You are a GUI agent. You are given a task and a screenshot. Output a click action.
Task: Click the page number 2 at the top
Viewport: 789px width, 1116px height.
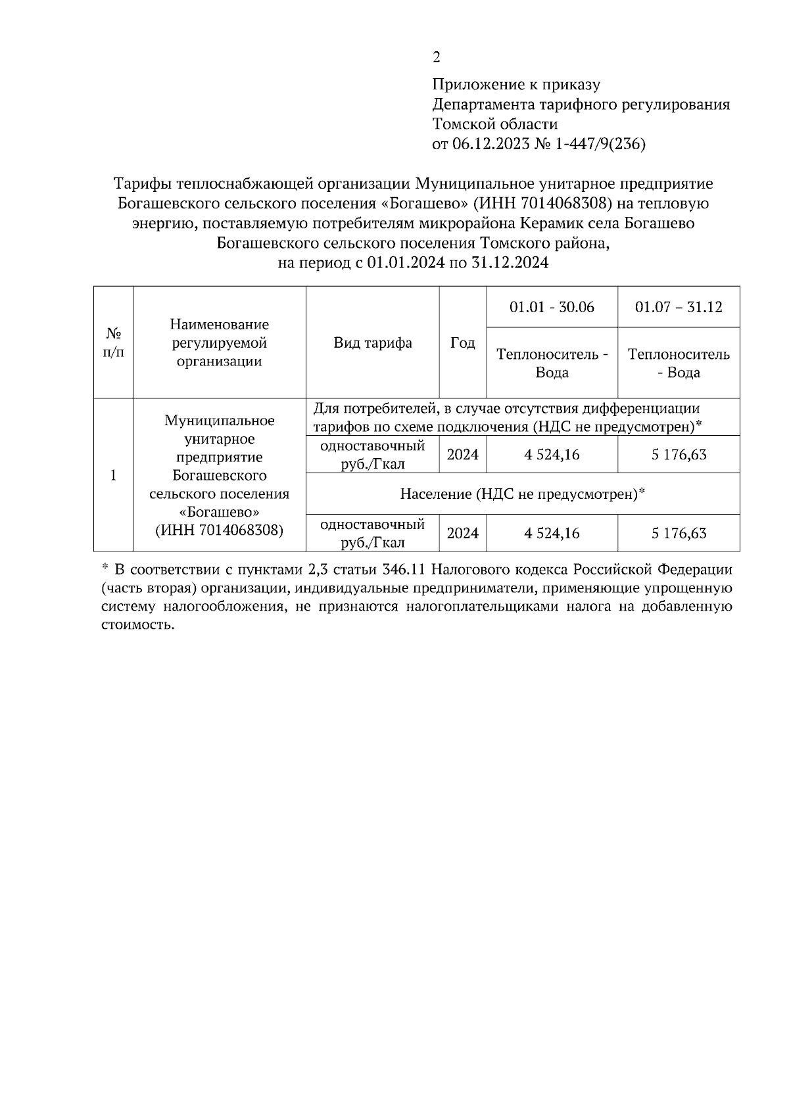pos(437,57)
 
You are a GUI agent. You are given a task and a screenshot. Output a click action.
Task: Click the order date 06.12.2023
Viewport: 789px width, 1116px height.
pos(490,145)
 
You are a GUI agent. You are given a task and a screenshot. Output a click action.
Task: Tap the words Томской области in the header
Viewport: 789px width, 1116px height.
pos(495,125)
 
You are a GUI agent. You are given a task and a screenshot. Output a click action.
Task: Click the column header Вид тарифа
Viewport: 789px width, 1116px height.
pos(373,343)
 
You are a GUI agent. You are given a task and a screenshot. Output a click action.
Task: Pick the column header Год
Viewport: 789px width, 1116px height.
pos(462,343)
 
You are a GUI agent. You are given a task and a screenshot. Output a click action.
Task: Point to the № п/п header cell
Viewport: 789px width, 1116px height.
pos(113,343)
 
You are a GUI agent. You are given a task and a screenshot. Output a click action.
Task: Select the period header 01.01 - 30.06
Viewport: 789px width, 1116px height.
pos(552,308)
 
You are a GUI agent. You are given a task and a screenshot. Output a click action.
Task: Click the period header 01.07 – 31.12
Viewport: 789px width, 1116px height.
pos(678,308)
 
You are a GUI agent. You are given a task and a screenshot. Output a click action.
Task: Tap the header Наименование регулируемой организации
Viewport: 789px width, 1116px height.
pos(219,343)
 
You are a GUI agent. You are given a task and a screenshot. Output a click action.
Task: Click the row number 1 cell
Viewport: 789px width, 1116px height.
pos(113,475)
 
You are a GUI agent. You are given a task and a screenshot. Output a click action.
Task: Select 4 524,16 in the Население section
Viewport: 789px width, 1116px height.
pos(552,533)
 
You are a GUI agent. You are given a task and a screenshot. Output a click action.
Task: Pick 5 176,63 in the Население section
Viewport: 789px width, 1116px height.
pos(679,533)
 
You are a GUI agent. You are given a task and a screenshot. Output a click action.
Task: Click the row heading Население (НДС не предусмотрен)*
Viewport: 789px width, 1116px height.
pos(523,494)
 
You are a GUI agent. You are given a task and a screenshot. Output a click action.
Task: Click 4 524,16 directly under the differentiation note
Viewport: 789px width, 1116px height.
pos(552,455)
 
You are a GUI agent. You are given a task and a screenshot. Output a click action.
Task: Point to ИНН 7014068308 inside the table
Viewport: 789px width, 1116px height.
pos(219,530)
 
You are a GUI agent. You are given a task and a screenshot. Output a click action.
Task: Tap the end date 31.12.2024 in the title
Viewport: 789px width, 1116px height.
pos(510,264)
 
